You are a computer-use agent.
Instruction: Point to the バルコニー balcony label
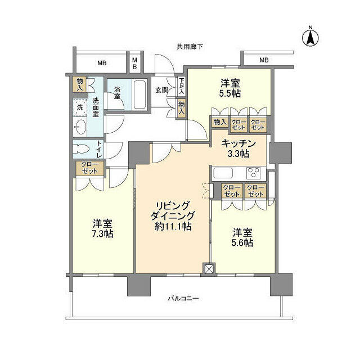point(184,299)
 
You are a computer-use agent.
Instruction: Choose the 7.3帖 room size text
point(101,233)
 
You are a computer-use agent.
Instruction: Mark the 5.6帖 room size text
point(241,242)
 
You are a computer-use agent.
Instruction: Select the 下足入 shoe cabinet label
point(181,86)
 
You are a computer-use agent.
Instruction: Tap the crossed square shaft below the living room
point(209,269)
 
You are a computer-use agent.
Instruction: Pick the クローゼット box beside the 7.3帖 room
point(89,168)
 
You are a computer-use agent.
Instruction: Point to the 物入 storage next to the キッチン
point(219,122)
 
